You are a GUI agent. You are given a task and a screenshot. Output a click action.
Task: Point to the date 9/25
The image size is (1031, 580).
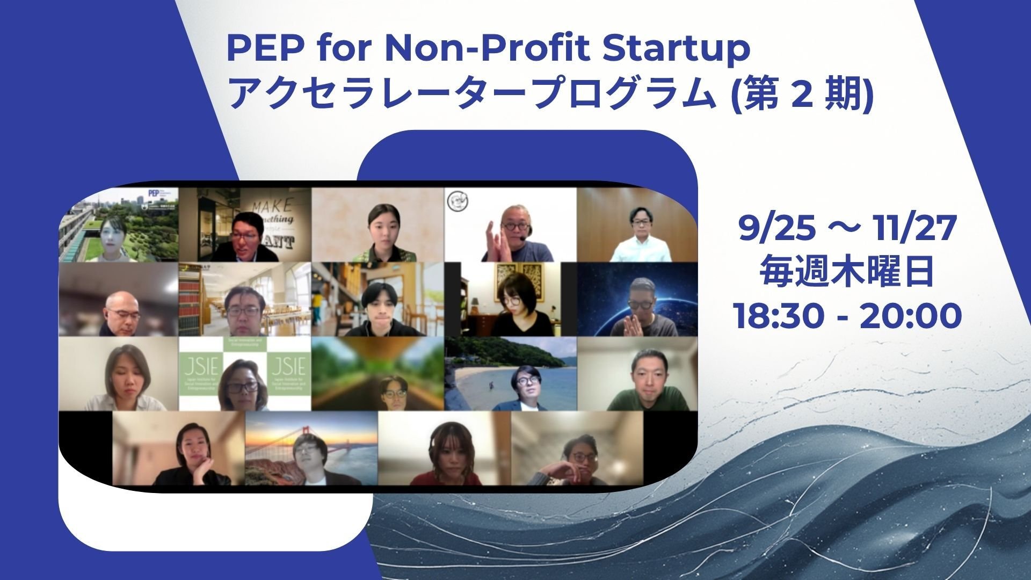click(773, 229)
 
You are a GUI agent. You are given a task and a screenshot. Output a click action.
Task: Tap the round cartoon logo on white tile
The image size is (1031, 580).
click(458, 201)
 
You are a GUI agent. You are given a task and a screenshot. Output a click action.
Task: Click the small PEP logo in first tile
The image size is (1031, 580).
click(155, 194)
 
